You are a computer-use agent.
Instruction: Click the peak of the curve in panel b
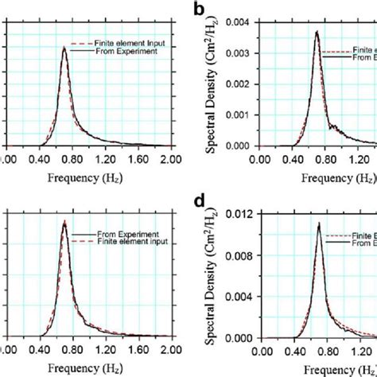point(317,32)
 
